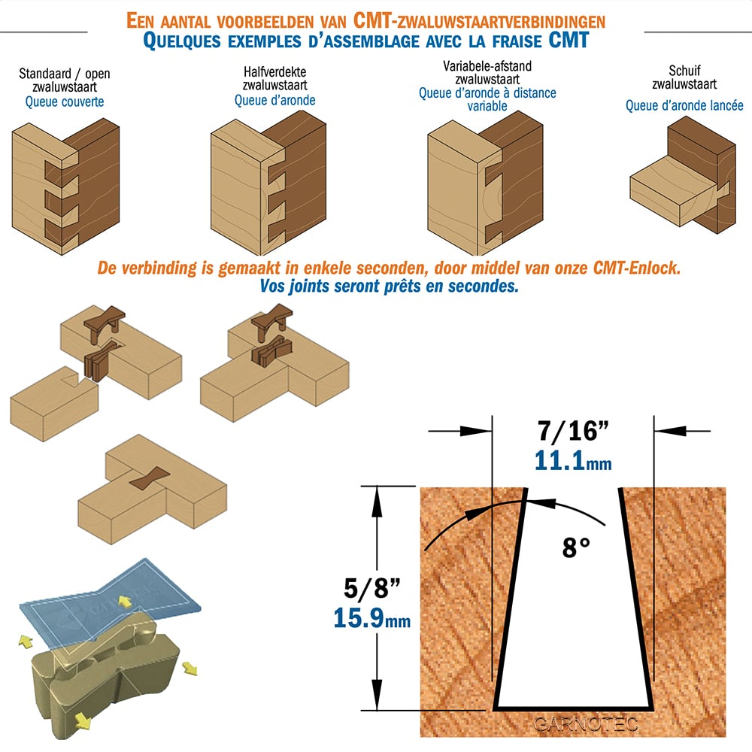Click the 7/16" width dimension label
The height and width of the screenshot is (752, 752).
(572, 431)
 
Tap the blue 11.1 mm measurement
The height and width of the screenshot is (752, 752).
(573, 461)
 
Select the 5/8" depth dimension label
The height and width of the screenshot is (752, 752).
(372, 587)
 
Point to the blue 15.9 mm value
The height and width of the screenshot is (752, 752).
(372, 617)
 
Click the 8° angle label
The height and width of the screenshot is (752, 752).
(576, 547)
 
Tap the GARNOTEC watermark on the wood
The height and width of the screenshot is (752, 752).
(586, 723)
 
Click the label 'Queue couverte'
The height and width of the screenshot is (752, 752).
(64, 102)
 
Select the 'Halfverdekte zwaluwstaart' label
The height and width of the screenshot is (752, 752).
(274, 79)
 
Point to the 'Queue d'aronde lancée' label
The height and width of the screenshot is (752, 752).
(684, 105)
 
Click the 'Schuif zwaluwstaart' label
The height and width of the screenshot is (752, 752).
(684, 77)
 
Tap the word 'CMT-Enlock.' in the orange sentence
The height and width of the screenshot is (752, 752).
(637, 268)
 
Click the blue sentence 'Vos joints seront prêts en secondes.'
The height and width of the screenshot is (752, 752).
(389, 287)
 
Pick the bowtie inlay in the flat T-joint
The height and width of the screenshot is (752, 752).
(149, 478)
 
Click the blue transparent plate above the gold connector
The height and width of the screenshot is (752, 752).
(111, 599)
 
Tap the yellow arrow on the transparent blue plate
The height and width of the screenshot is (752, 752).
(125, 602)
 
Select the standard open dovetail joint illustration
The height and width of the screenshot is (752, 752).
(65, 186)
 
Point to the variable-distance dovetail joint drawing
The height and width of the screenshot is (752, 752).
(485, 183)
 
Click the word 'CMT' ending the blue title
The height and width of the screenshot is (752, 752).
(569, 41)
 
